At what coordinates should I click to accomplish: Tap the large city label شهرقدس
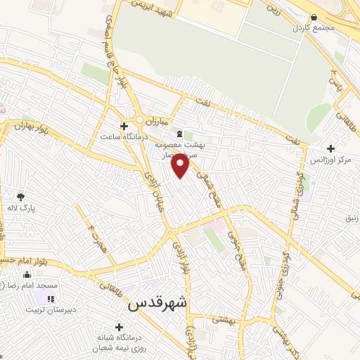click(x=158, y=305)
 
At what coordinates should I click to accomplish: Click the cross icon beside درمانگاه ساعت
click(x=124, y=127)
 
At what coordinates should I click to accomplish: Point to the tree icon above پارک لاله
click(x=20, y=197)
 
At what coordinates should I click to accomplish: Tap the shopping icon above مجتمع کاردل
click(x=314, y=17)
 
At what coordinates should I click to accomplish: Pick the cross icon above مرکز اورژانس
click(x=331, y=148)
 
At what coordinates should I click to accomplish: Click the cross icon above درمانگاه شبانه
click(x=120, y=327)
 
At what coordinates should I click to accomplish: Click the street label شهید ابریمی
click(x=150, y=6)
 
